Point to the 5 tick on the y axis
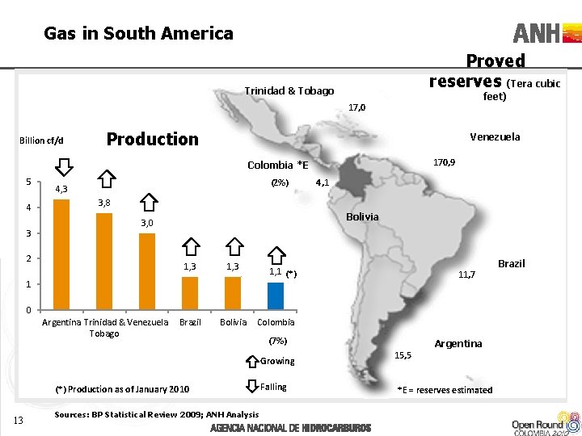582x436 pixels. click(x=27, y=181)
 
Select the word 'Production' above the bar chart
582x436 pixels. click(x=152, y=139)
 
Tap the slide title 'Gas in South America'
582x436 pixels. click(x=138, y=34)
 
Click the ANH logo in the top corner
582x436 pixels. click(x=546, y=34)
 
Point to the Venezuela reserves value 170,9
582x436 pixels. click(x=444, y=163)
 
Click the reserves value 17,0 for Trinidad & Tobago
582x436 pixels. click(x=356, y=107)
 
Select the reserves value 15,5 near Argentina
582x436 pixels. click(x=403, y=355)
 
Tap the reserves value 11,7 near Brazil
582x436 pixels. click(x=466, y=275)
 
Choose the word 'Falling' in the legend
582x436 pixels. click(x=273, y=387)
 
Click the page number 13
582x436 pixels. click(x=20, y=417)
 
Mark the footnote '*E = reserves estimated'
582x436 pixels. click(x=445, y=390)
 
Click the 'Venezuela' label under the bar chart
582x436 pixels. click(x=149, y=322)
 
